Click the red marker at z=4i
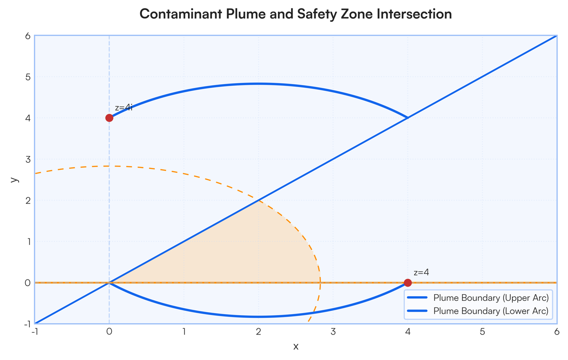109,118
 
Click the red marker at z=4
408,282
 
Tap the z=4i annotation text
124,108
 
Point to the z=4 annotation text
421,272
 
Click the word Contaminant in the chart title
181,14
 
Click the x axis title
296,347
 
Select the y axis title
15,179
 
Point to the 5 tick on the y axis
28,77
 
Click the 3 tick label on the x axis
333,332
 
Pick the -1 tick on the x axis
35,332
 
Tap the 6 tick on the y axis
28,36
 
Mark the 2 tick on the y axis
28,201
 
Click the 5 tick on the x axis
482,332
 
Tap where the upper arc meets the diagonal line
408,118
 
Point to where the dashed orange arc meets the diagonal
258,201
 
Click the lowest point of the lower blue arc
258,316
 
